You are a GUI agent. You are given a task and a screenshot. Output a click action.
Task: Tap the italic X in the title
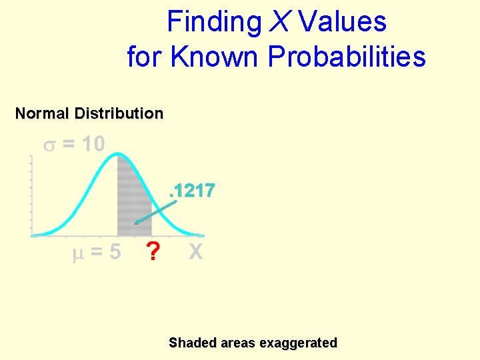(280, 22)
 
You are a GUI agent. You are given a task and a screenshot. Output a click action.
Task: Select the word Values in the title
(343, 22)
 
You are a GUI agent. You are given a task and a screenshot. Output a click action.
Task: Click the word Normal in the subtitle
(42, 113)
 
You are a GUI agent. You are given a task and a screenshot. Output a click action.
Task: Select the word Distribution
(119, 113)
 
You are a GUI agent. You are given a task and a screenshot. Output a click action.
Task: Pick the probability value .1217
(192, 191)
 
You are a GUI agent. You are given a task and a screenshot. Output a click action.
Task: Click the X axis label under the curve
(195, 252)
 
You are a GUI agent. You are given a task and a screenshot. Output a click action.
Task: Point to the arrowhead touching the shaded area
(137, 223)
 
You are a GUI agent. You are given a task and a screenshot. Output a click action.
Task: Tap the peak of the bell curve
(118, 155)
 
